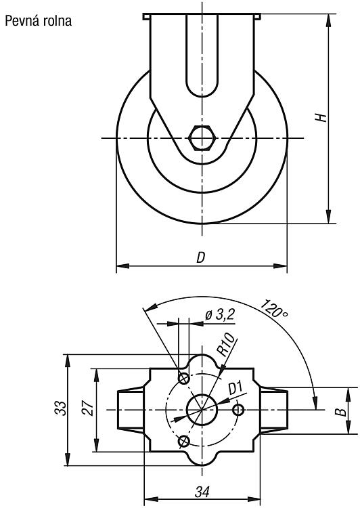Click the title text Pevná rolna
point(38,21)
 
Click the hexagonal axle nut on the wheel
point(202,138)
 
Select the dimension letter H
point(321,117)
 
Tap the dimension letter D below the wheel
point(201,257)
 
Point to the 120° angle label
point(274,308)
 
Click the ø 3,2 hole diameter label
point(220,314)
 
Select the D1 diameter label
point(235,387)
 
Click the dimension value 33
point(60,408)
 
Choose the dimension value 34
point(202,492)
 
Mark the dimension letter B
point(340,411)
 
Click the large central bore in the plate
point(202,410)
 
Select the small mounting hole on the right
point(239,410)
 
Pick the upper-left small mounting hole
point(184,378)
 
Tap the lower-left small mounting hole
point(184,441)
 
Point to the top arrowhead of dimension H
point(329,20)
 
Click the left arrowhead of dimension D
point(122,266)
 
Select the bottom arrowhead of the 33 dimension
point(68,459)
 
